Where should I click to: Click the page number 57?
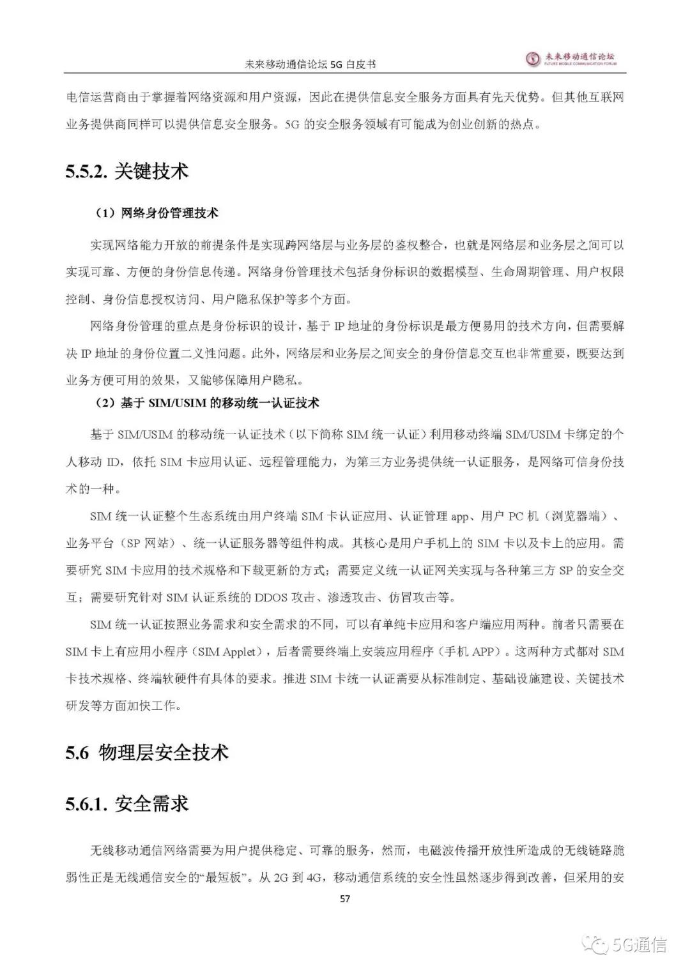tap(345, 899)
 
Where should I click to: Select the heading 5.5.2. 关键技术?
tap(126, 172)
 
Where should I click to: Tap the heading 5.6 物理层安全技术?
tap(147, 752)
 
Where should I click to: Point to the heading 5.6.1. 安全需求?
tap(126, 803)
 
